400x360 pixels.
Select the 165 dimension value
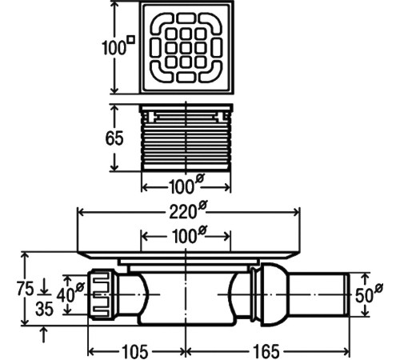click(266, 351)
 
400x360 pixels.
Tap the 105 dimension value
click(135, 351)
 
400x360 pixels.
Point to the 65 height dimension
click(114, 138)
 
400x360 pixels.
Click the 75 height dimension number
click(26, 289)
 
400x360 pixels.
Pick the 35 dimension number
click(45, 310)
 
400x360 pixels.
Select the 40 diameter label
click(70, 294)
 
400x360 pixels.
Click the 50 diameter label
click(370, 294)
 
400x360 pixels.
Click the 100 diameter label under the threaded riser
click(186, 184)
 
